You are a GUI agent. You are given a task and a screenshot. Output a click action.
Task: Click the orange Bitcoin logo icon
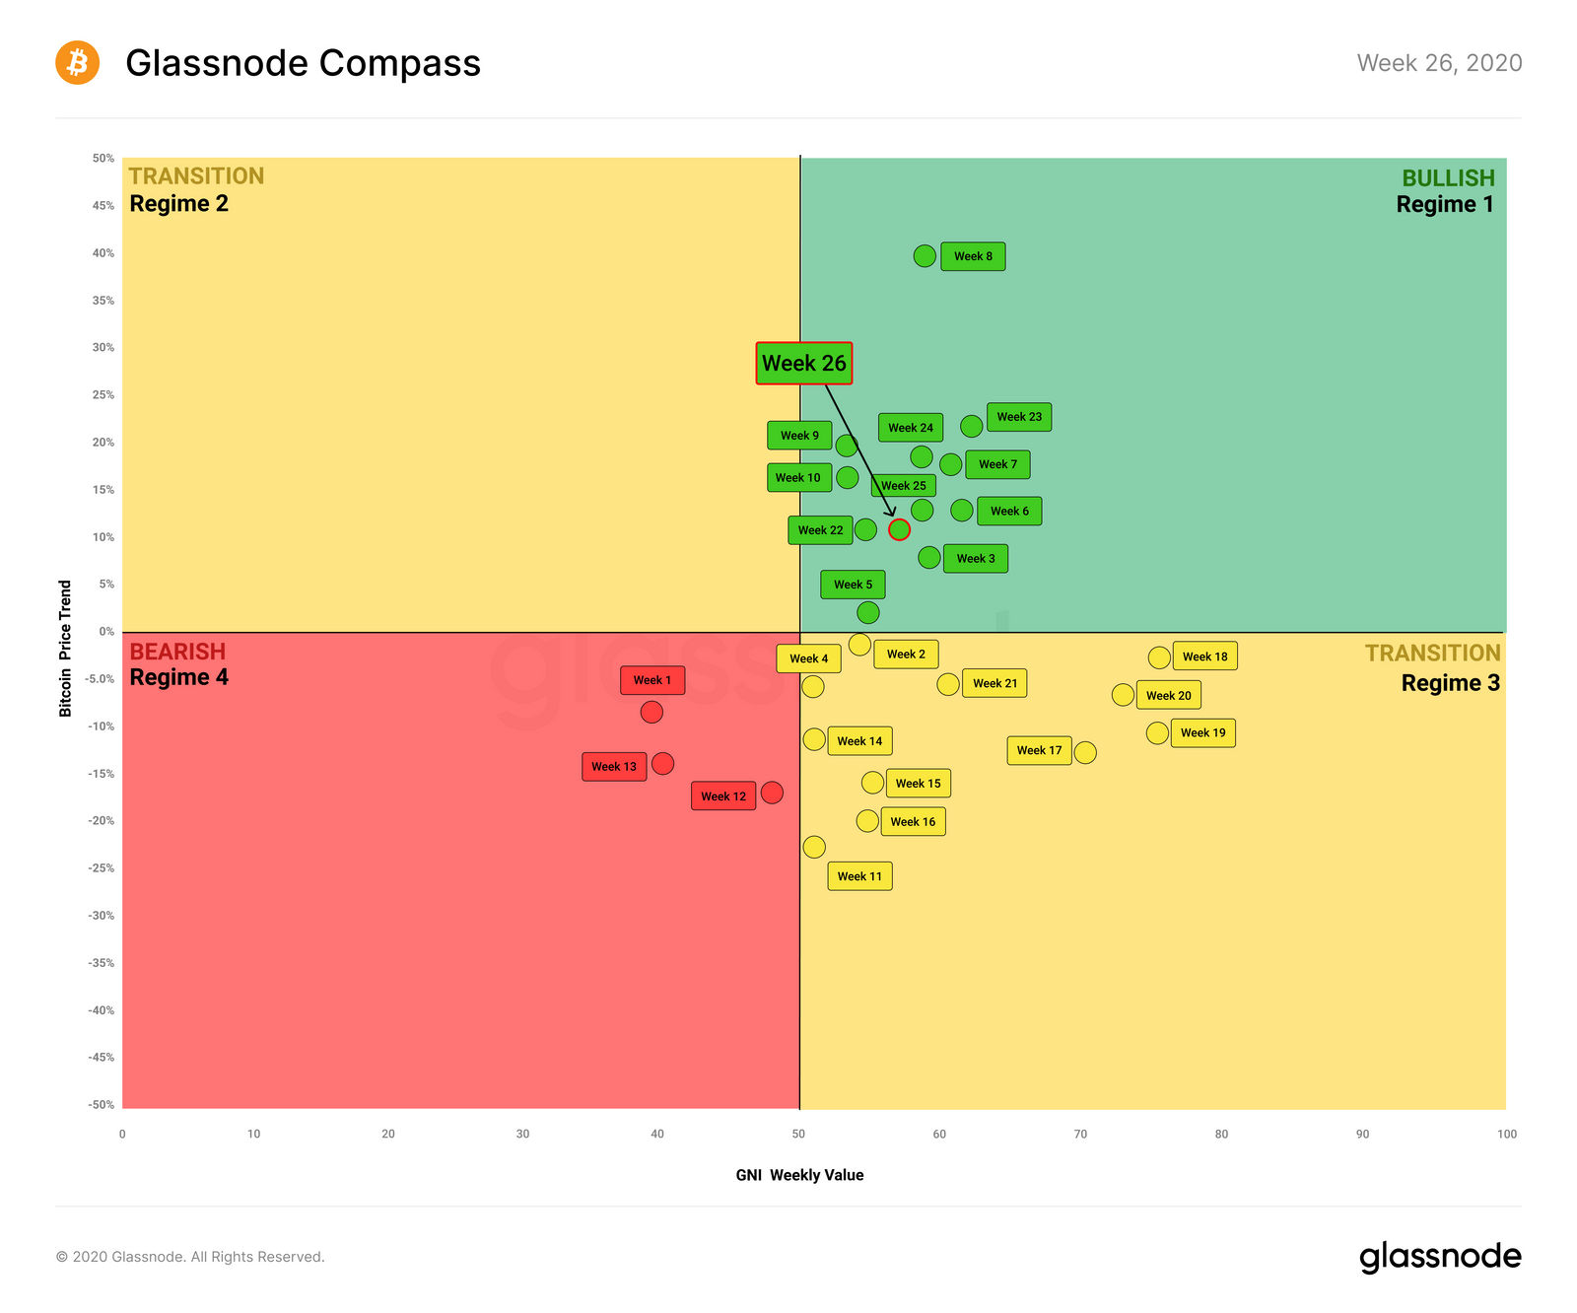pyautogui.click(x=77, y=62)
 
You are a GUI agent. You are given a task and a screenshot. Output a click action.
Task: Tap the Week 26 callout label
pyautogui.click(x=803, y=363)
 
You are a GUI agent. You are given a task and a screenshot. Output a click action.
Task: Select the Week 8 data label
pyautogui.click(x=973, y=256)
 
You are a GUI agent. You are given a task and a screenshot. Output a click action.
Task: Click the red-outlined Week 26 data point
pyautogui.click(x=899, y=529)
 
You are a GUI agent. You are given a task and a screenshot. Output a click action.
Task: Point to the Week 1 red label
pyautogui.click(x=651, y=680)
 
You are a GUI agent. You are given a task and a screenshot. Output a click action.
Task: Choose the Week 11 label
pyautogui.click(x=859, y=876)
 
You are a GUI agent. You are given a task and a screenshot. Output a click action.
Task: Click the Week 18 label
pyautogui.click(x=1204, y=656)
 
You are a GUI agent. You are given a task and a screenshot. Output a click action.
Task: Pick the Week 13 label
pyautogui.click(x=614, y=767)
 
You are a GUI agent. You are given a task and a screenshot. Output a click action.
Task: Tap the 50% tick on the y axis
pyautogui.click(x=103, y=158)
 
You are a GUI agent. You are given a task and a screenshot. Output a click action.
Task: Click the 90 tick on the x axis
pyautogui.click(x=1362, y=1134)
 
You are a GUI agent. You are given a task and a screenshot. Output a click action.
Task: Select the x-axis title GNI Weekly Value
pyautogui.click(x=799, y=1175)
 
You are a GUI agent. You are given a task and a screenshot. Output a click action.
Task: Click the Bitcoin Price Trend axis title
pyautogui.click(x=66, y=648)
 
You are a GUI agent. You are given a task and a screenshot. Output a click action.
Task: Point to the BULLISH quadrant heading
pyautogui.click(x=1448, y=178)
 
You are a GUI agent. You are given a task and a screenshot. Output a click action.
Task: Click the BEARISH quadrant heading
pyautogui.click(x=177, y=652)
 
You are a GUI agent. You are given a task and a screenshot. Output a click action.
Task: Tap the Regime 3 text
pyautogui.click(x=1450, y=683)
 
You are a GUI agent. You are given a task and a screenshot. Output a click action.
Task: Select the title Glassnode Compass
pyautogui.click(x=303, y=63)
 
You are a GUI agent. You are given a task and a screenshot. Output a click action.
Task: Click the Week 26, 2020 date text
pyautogui.click(x=1439, y=63)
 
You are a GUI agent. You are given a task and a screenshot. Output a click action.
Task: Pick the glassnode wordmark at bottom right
pyautogui.click(x=1440, y=1257)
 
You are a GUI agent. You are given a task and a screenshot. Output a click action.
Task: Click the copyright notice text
pyautogui.click(x=190, y=1257)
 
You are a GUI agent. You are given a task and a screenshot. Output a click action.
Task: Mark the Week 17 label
pyautogui.click(x=1039, y=750)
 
